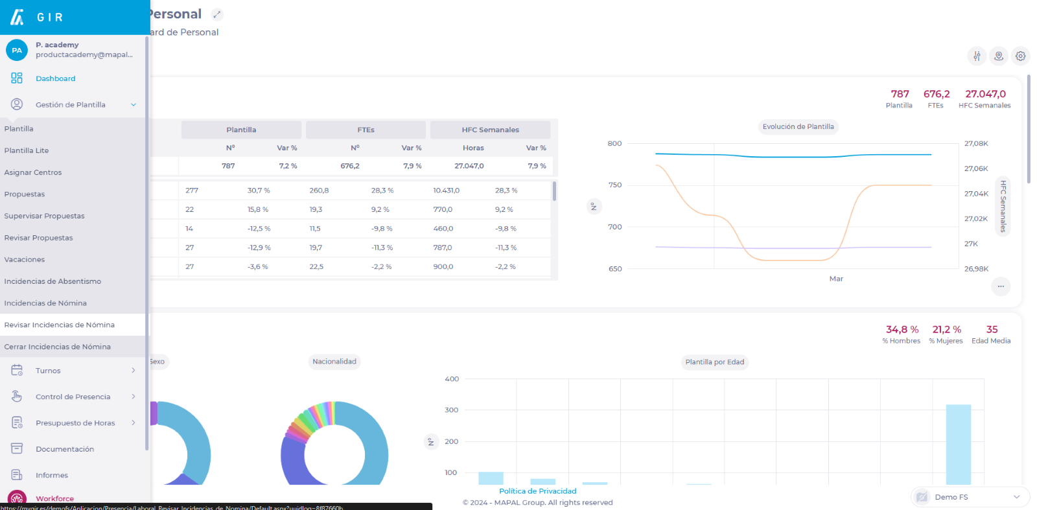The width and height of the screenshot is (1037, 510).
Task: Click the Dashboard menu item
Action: click(x=55, y=78)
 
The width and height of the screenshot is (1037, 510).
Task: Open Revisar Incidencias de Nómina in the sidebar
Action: click(x=59, y=325)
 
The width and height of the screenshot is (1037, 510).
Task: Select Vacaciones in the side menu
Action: click(x=25, y=259)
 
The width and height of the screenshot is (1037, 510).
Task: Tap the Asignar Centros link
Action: click(x=33, y=172)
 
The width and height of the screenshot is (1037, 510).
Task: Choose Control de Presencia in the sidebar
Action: click(x=73, y=397)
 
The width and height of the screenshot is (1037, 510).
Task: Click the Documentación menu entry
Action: click(x=65, y=449)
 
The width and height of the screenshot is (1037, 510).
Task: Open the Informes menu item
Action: click(x=52, y=475)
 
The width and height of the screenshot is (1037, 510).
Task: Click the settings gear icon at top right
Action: click(x=1020, y=56)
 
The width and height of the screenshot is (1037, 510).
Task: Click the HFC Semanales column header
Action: click(x=490, y=130)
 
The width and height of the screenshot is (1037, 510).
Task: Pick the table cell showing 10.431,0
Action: click(x=447, y=191)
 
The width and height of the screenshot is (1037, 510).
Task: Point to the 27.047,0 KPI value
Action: click(x=985, y=94)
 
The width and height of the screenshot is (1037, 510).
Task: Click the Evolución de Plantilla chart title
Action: click(x=798, y=127)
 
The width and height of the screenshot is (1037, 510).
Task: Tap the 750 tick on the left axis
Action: click(x=614, y=185)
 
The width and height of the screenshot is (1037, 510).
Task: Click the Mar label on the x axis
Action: click(x=836, y=279)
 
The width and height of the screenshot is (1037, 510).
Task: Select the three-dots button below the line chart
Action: click(x=1001, y=286)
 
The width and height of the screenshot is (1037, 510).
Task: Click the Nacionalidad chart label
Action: click(x=334, y=362)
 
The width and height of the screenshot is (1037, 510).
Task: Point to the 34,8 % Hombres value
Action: click(x=902, y=330)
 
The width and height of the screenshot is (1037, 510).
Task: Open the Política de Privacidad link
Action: click(x=537, y=491)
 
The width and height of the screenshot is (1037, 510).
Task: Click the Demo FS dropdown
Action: click(x=970, y=497)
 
